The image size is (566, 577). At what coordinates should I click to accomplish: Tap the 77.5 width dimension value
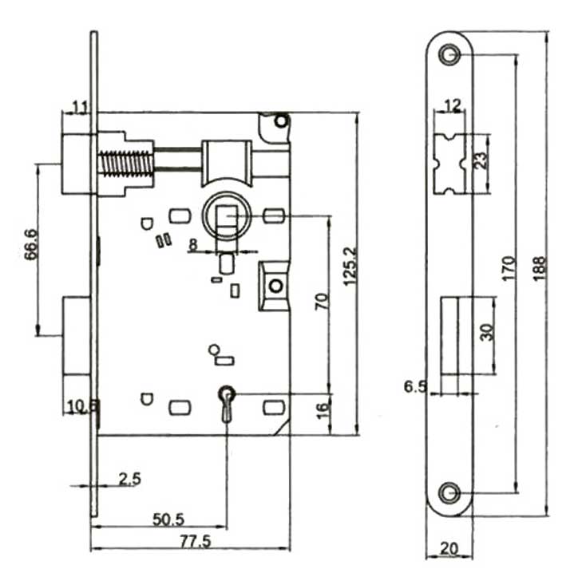point(196,541)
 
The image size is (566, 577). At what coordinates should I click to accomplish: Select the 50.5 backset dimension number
point(168,520)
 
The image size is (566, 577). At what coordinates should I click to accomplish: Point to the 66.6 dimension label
point(31,244)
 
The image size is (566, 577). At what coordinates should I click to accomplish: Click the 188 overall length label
point(540,269)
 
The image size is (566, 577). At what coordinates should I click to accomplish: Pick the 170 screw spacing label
point(509,269)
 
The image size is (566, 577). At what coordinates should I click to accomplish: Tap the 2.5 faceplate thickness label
point(130,479)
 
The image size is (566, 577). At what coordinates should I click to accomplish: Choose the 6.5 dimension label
point(415,386)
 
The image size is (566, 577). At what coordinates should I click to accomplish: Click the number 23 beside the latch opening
point(481,160)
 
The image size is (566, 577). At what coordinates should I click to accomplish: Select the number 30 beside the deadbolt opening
point(486,332)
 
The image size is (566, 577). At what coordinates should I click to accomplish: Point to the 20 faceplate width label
point(449,548)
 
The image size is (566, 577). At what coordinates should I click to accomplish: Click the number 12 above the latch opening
point(453,106)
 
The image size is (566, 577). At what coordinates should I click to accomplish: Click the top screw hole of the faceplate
point(449,54)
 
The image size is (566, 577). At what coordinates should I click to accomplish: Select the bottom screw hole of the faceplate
point(449,492)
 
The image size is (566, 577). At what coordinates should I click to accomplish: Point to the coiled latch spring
point(126,163)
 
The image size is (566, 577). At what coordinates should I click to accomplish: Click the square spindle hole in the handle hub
point(226,217)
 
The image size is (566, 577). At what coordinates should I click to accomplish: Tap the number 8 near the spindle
point(193,244)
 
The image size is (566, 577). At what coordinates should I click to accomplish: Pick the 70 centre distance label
point(322,302)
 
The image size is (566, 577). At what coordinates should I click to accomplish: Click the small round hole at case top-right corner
point(281,121)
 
